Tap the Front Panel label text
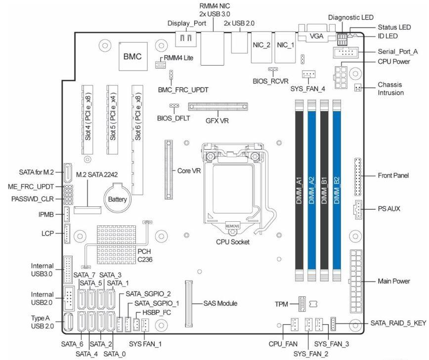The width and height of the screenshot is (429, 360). coord(391,175)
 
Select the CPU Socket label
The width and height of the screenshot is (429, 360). coord(233,242)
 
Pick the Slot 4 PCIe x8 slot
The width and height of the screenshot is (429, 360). coord(88,119)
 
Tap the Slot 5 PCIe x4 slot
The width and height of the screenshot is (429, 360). coord(113,119)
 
